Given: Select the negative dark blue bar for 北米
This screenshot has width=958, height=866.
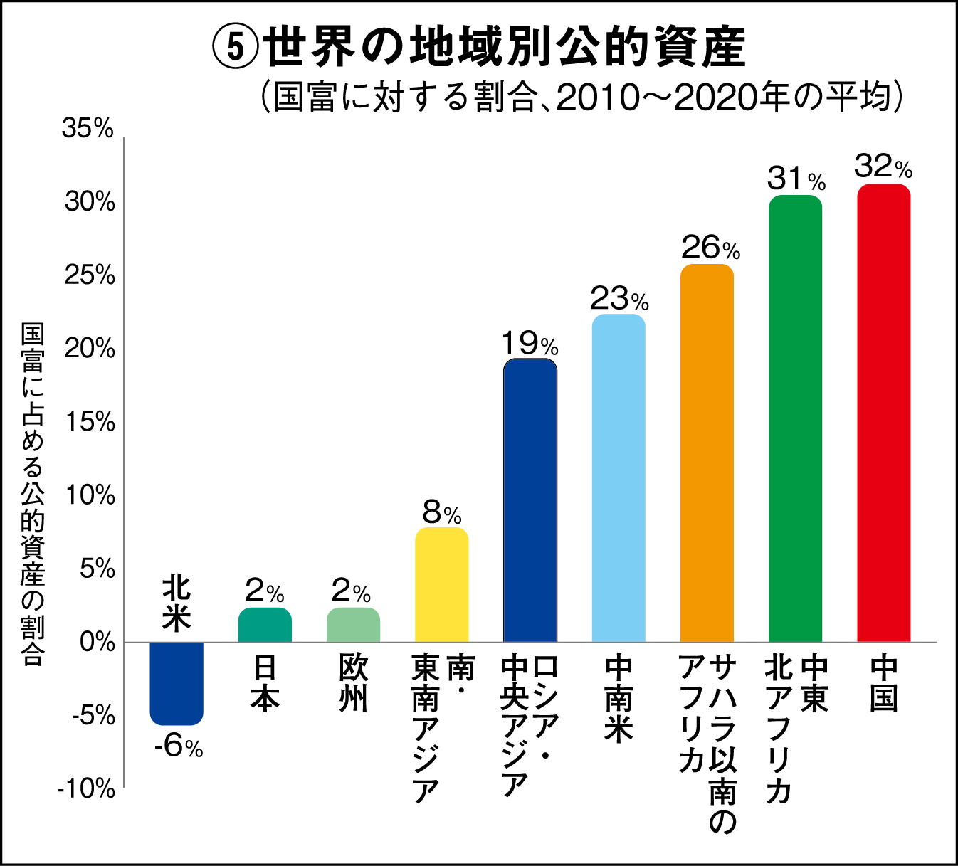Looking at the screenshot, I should [177, 683].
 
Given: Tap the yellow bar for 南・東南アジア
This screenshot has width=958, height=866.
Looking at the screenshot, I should [441, 585].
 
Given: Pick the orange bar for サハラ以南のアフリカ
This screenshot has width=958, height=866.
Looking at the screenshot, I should [707, 453].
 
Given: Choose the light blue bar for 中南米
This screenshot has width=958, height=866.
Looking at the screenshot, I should [619, 478].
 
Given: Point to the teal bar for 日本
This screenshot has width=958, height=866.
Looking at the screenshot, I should [265, 625].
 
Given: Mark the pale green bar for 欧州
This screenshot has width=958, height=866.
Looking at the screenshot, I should [353, 625].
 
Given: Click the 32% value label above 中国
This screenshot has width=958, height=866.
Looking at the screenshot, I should [883, 167].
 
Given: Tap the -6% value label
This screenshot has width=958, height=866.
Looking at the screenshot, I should [179, 746].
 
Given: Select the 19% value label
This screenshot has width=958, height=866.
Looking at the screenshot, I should [530, 344].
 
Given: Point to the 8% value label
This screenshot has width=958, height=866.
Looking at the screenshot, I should [441, 512].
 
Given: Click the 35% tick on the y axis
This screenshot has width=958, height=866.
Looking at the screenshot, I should [88, 129].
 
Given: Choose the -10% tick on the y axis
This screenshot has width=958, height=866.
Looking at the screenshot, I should [86, 788].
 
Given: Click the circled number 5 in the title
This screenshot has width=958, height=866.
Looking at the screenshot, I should [233, 47].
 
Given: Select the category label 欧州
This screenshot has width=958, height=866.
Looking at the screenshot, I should [353, 683].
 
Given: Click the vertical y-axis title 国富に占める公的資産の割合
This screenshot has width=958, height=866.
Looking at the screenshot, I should [33, 494].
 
